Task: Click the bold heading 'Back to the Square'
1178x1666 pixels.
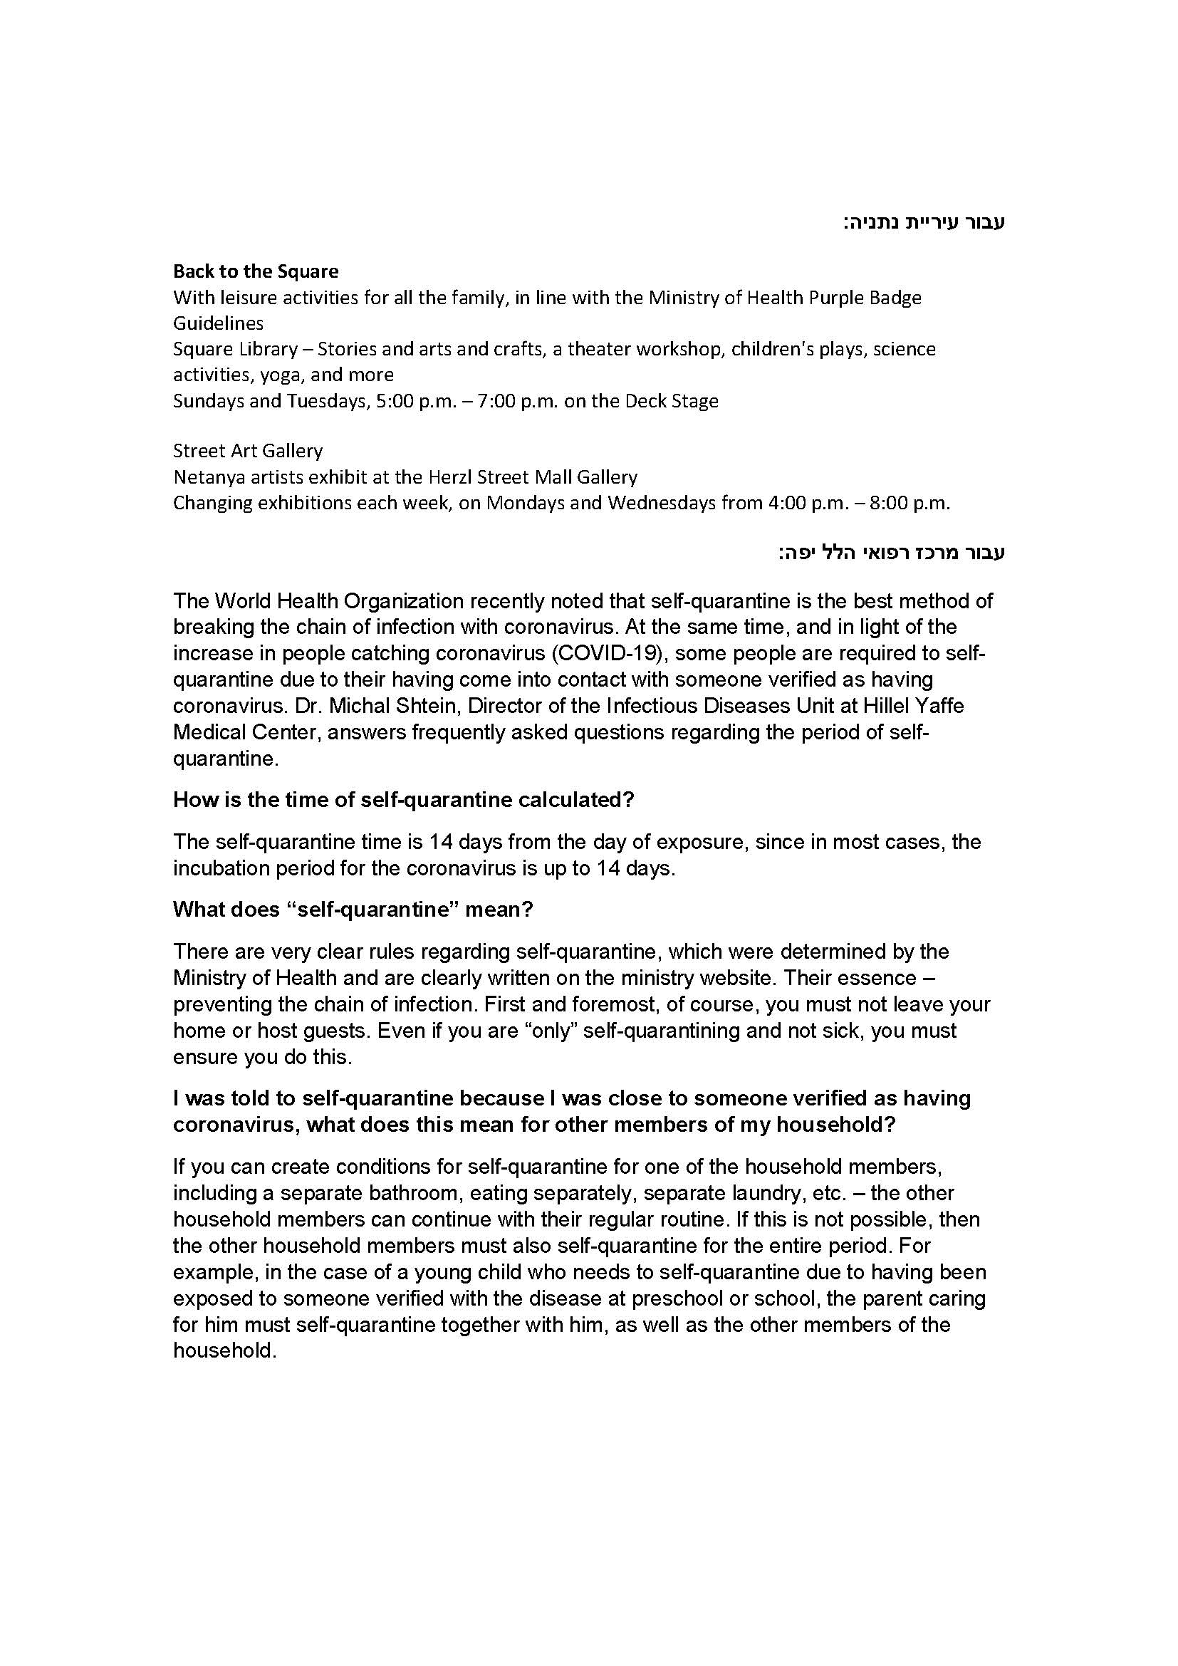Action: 256,271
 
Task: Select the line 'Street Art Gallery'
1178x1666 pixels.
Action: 247,451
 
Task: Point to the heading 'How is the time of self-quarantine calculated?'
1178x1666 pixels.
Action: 403,800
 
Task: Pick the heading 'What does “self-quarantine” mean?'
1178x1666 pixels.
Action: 353,909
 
